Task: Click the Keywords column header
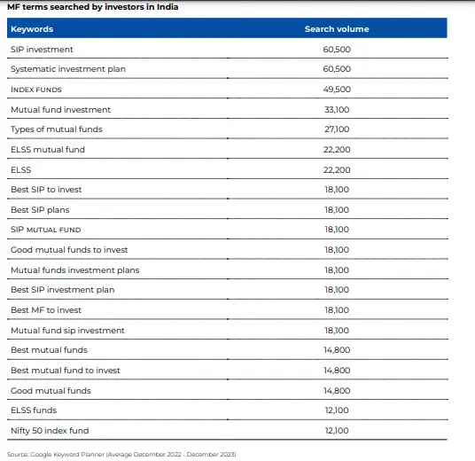tap(32, 29)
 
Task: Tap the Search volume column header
tap(337, 29)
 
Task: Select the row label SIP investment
tap(42, 50)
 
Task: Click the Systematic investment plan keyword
tap(67, 69)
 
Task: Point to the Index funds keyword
tap(48, 90)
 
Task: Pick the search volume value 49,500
tap(337, 90)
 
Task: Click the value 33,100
tap(337, 110)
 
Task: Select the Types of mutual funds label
tap(57, 129)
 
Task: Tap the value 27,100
tap(337, 129)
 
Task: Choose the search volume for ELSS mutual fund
tap(337, 150)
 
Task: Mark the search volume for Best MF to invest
tap(337, 310)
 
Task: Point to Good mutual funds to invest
tap(69, 250)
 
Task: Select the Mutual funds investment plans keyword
tap(74, 270)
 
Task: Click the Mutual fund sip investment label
tap(67, 331)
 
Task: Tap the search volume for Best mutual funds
tap(337, 350)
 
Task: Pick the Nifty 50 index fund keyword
tap(50, 431)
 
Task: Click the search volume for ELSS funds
tap(337, 410)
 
